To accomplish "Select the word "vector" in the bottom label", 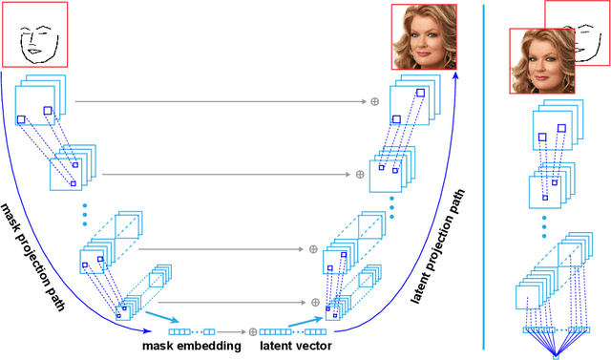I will pyautogui.click(x=315, y=346).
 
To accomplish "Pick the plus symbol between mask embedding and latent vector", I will pyautogui.click(x=253, y=331).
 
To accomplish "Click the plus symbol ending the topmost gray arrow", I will pyautogui.click(x=375, y=100).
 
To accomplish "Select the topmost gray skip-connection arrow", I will pyautogui.click(x=220, y=100).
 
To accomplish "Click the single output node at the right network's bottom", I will pyautogui.click(x=556, y=357).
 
